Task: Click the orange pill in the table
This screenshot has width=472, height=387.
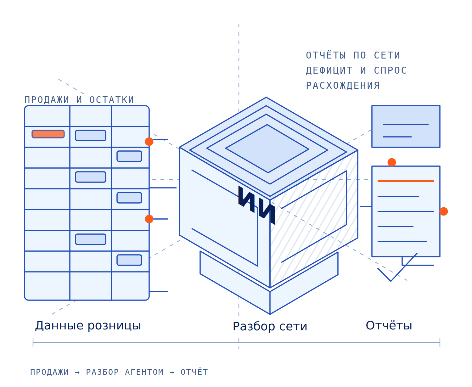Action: [x=48, y=134]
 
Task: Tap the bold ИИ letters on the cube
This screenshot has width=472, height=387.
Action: [x=256, y=205]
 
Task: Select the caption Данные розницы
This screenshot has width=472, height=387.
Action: [x=88, y=326]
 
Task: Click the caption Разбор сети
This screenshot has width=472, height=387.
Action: [x=270, y=327]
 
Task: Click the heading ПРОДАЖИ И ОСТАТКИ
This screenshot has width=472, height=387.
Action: [x=79, y=100]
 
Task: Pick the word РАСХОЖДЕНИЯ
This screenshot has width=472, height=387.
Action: [x=343, y=86]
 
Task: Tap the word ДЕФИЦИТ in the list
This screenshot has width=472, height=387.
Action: [x=329, y=70]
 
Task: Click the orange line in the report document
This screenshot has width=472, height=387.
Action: [x=406, y=181]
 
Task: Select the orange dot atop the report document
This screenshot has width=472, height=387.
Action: [x=392, y=162]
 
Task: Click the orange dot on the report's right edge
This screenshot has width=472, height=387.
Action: [x=444, y=211]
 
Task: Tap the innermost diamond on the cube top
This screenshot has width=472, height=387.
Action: [x=267, y=149]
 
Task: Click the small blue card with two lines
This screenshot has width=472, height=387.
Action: [x=406, y=126]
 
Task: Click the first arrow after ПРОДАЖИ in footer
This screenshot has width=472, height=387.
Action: [x=77, y=373]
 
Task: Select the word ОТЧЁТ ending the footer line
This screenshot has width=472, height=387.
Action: [x=194, y=372]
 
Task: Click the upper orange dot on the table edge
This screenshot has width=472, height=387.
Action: [x=149, y=142]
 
